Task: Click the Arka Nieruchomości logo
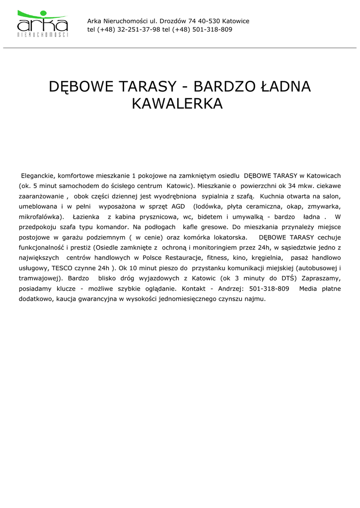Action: point(43,23)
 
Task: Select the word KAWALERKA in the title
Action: point(177,104)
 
